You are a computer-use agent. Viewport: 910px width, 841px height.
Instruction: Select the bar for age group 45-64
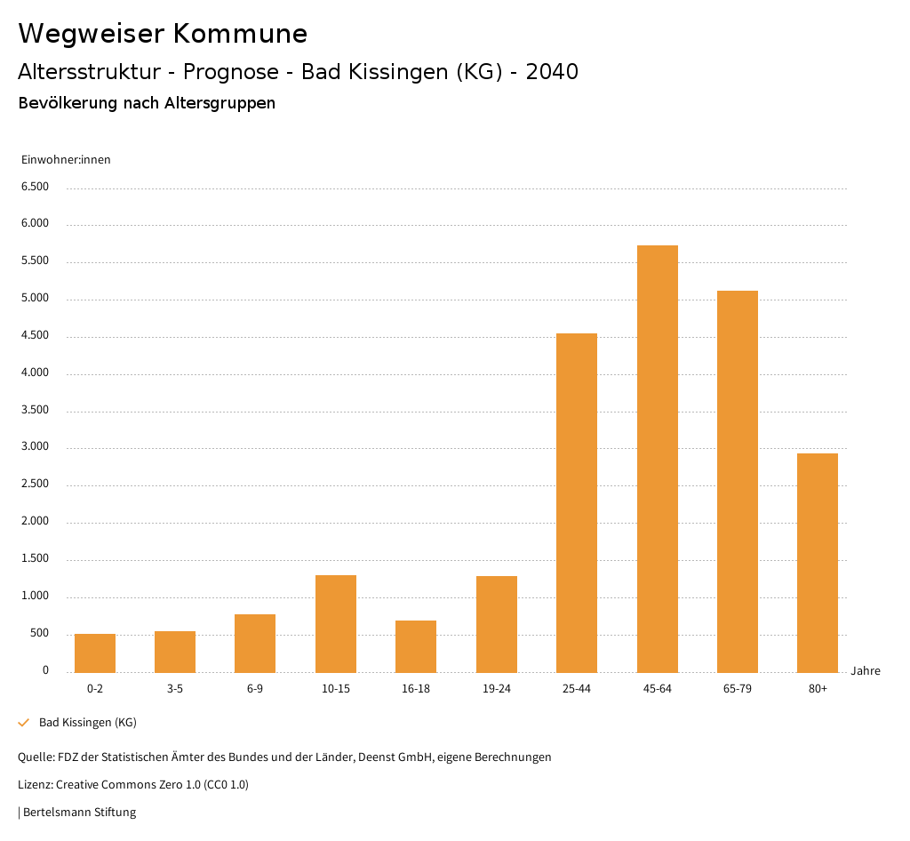coord(657,458)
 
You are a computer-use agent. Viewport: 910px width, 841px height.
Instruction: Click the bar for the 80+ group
coord(818,562)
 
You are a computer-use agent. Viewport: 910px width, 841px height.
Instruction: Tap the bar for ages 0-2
coord(95,653)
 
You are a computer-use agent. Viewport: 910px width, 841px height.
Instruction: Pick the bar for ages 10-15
coord(336,623)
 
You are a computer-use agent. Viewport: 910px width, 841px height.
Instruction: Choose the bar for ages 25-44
coord(577,502)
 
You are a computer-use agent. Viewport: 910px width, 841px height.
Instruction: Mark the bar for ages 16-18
coord(416,645)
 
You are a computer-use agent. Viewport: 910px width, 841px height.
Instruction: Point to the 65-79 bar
coord(738,481)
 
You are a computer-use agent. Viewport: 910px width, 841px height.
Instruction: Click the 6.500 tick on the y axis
coord(36,187)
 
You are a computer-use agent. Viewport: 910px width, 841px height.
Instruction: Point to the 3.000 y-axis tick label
coord(36,447)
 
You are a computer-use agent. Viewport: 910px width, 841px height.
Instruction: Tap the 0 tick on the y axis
coord(45,670)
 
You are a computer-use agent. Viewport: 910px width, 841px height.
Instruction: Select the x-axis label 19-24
coord(497,689)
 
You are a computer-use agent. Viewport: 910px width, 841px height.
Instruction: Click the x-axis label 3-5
coord(175,689)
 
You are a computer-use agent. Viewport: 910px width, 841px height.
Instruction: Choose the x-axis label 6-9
coord(255,689)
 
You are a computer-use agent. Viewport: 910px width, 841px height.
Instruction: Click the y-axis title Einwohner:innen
coord(66,160)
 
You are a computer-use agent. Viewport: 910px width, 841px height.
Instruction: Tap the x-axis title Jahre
coord(865,671)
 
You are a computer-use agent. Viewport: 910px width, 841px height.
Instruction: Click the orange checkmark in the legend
coord(24,723)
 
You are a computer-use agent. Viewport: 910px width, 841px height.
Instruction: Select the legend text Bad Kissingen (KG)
coord(88,723)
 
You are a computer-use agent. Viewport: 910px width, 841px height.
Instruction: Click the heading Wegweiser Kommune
coord(163,34)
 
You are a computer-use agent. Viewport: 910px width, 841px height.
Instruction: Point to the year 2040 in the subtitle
coord(552,72)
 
